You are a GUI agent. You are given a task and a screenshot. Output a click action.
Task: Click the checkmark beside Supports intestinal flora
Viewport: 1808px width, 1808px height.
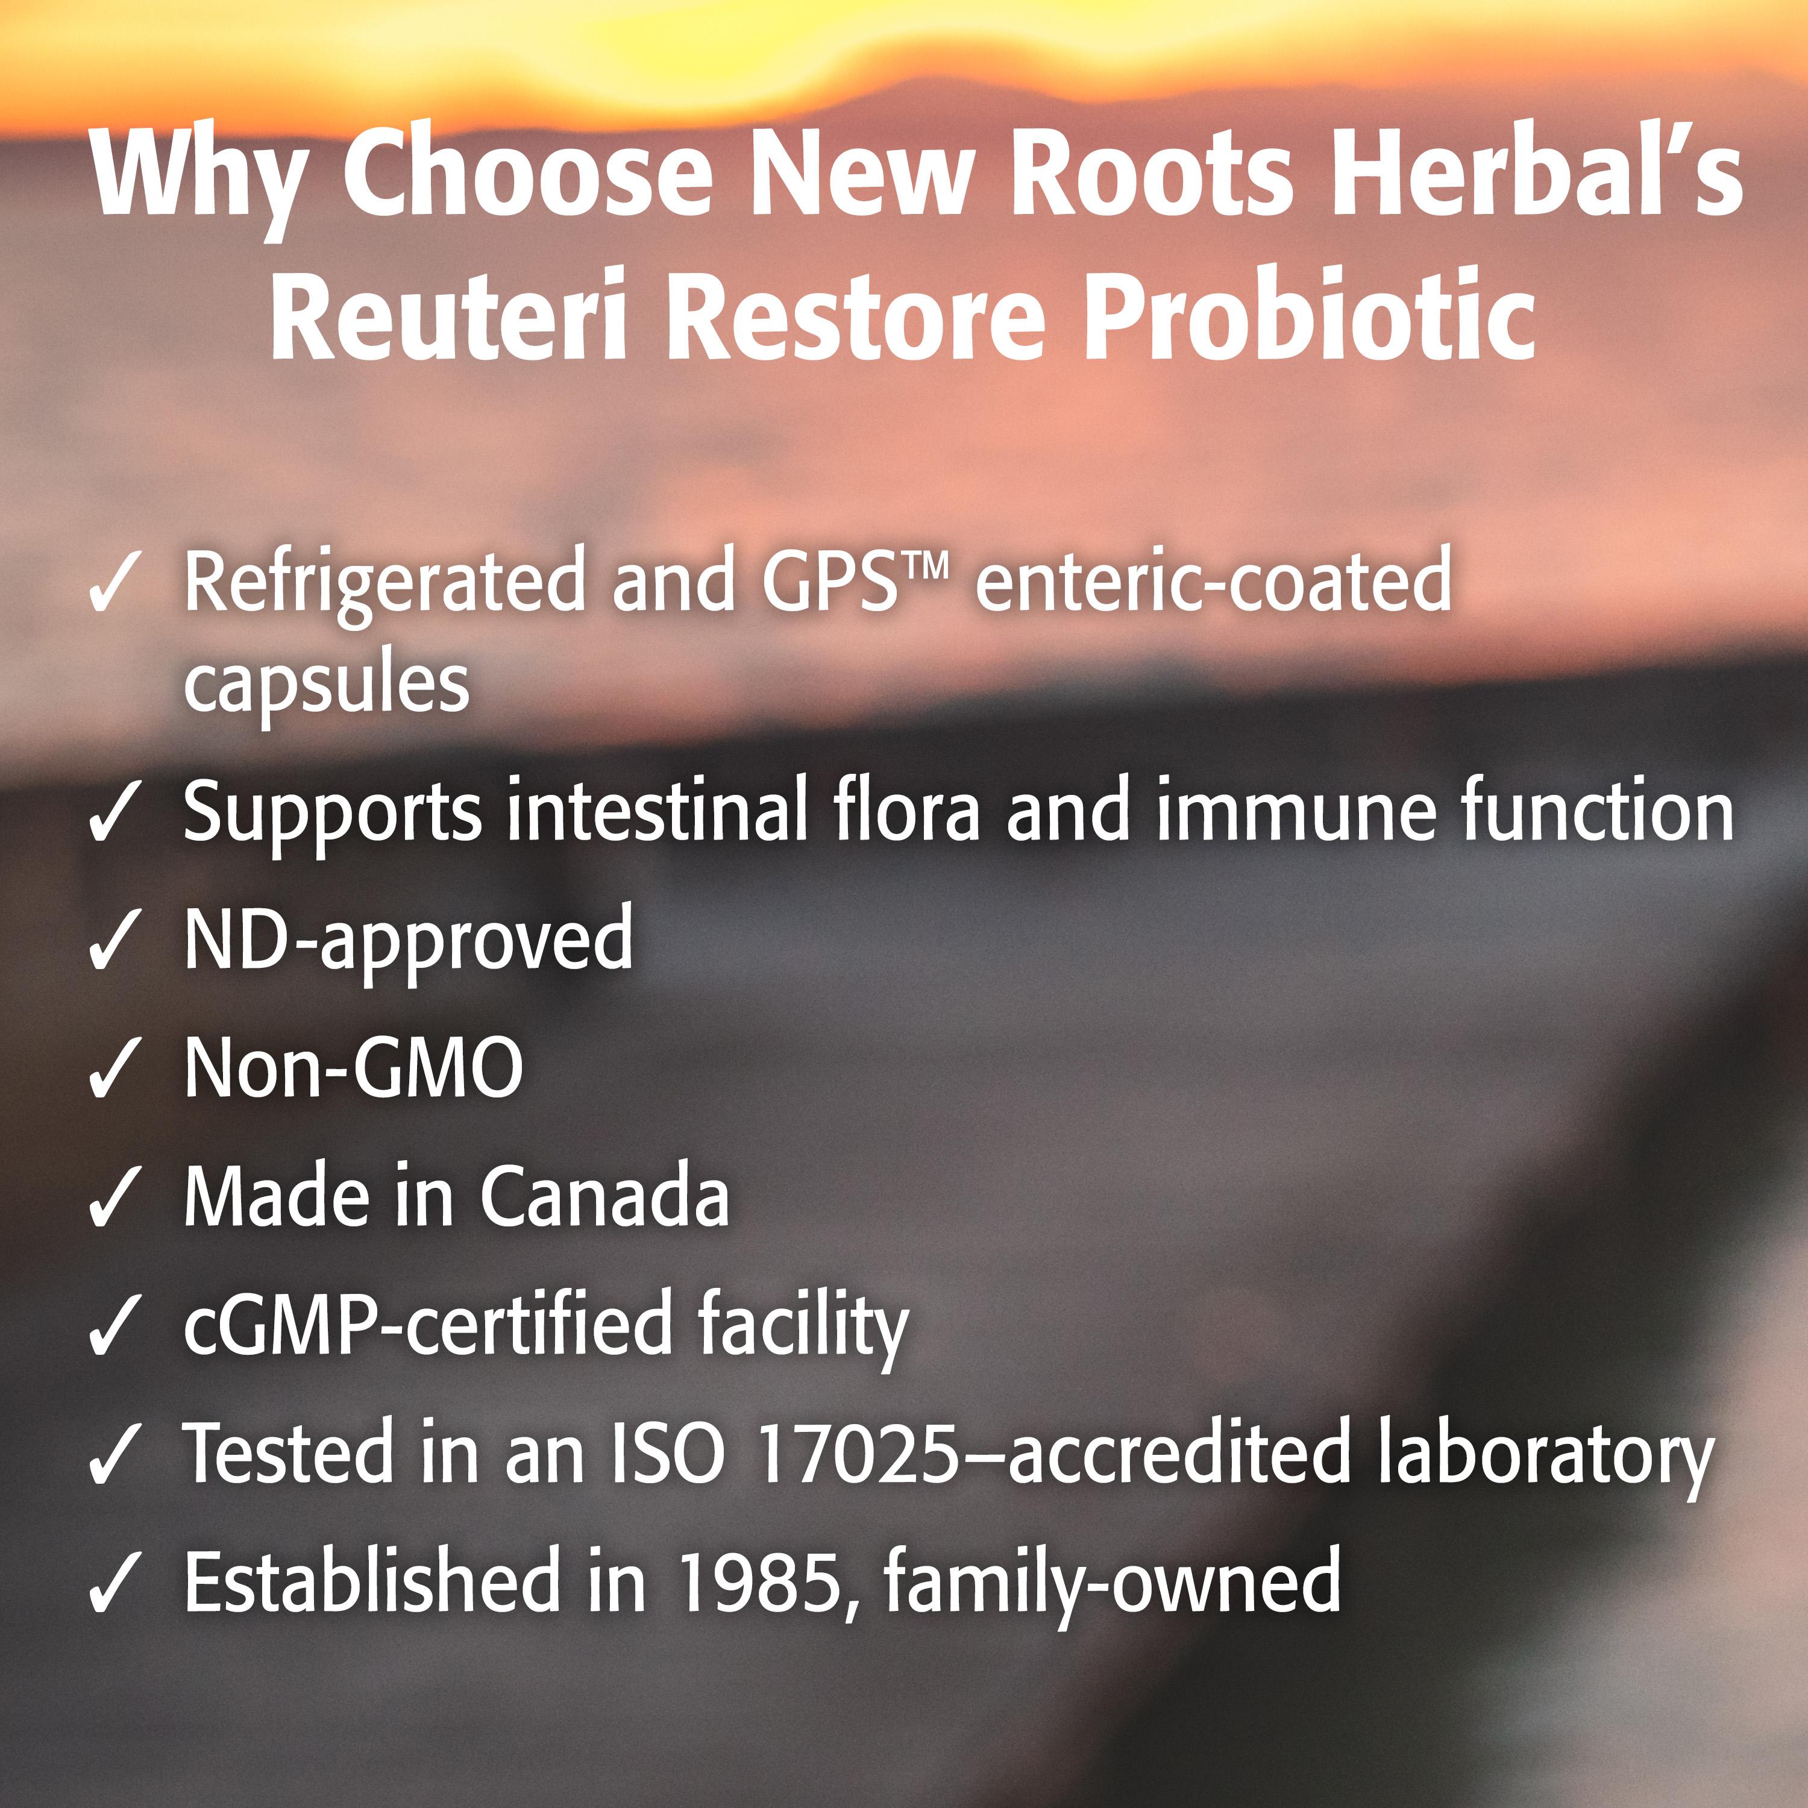point(114,814)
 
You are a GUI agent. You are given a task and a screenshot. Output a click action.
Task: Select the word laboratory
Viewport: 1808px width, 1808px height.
point(1544,1458)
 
